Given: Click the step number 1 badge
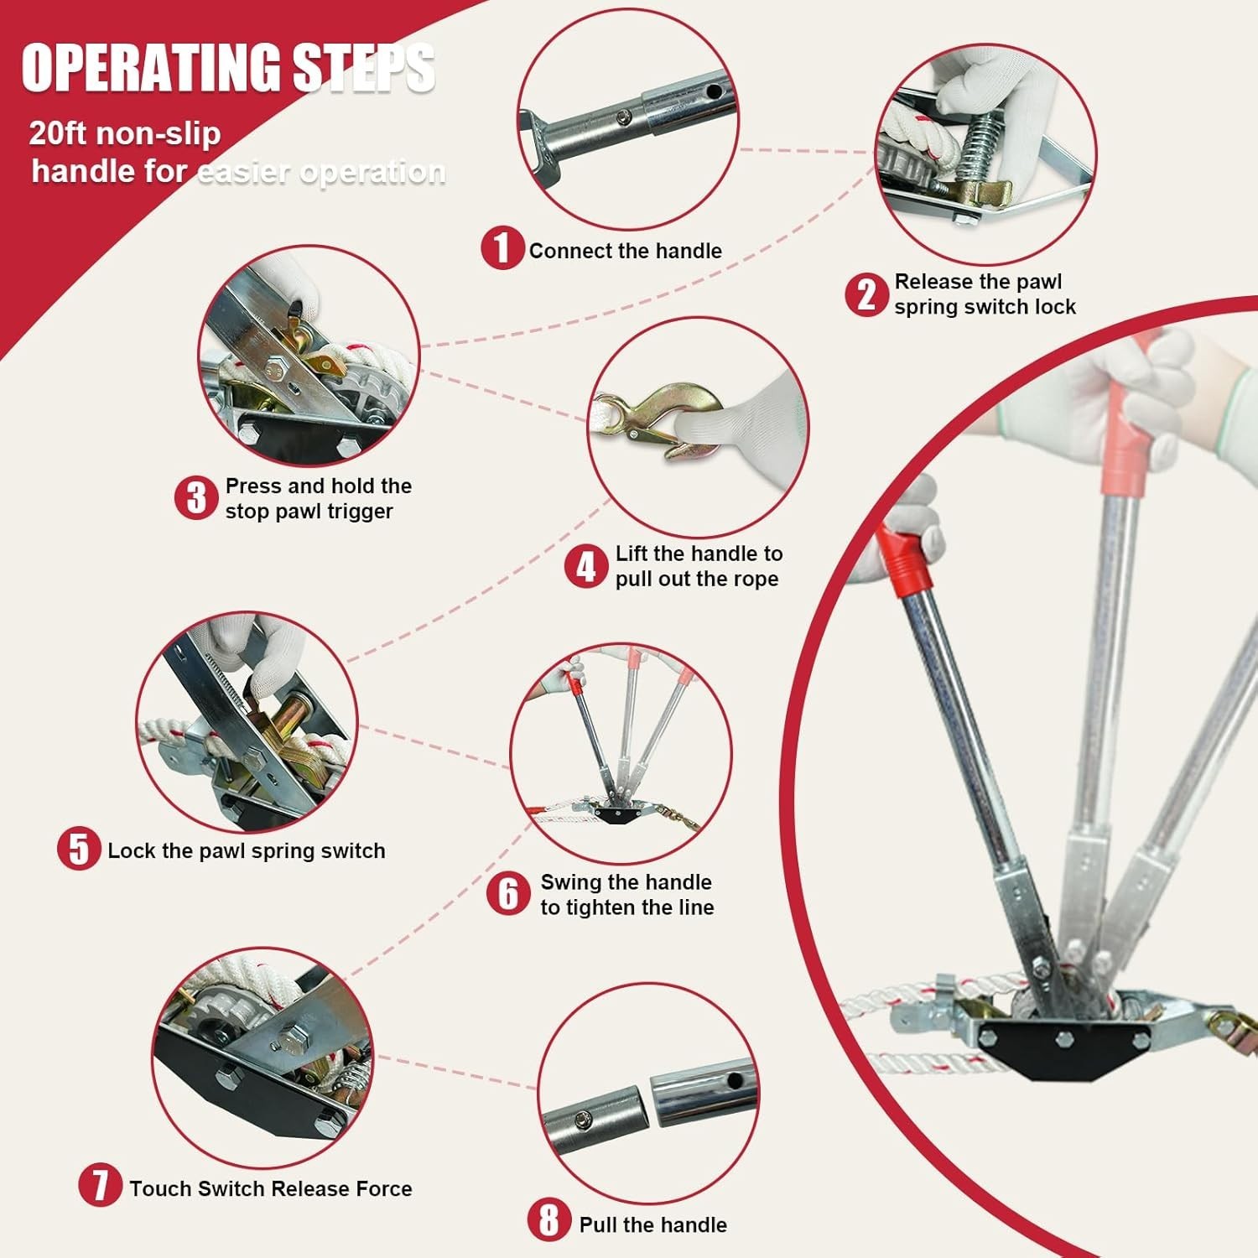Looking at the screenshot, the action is [x=502, y=248].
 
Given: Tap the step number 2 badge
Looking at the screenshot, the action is [x=866, y=295].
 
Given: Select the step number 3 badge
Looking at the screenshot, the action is [x=196, y=498].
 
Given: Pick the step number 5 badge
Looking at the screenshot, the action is [x=79, y=848].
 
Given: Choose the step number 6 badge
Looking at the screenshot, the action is [x=508, y=893].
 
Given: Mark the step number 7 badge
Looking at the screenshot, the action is [x=101, y=1185].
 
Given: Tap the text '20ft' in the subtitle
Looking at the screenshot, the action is [x=57, y=133].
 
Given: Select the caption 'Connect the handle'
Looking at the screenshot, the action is [x=626, y=251].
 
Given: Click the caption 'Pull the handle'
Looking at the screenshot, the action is [x=653, y=1224].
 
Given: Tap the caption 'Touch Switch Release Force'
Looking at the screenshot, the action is [x=271, y=1188].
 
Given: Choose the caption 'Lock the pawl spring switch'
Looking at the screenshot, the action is [x=247, y=850].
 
